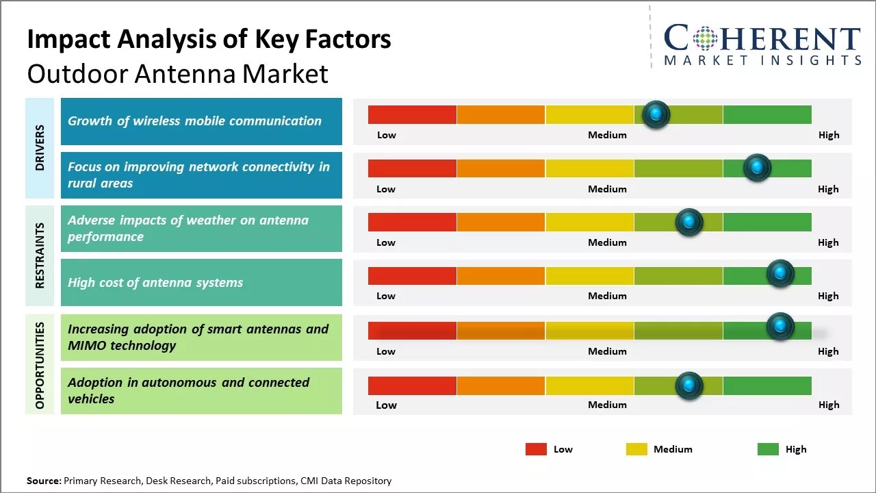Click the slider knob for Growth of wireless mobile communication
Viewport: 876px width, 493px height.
tap(656, 114)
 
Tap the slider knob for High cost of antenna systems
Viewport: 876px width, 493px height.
tap(780, 274)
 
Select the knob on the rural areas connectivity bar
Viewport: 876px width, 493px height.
tap(757, 168)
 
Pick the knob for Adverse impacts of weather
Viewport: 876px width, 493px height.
tap(689, 222)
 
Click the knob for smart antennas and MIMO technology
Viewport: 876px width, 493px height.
tap(780, 327)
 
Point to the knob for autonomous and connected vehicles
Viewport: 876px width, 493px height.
tap(689, 385)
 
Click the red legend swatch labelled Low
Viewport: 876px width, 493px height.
tap(536, 449)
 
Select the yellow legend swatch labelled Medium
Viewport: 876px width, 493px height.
tap(636, 449)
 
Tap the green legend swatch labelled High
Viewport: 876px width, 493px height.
tap(768, 449)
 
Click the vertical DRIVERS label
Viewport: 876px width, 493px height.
tap(40, 148)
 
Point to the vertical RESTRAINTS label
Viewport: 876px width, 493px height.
tap(40, 255)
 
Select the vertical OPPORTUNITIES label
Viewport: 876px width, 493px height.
tap(40, 365)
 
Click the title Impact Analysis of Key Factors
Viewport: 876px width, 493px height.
tap(209, 39)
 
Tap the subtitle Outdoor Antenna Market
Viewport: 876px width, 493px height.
tap(177, 73)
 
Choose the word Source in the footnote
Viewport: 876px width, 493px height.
tap(44, 481)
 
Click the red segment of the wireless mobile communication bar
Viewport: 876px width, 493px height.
tap(412, 114)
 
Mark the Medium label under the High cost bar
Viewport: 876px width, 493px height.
tap(607, 296)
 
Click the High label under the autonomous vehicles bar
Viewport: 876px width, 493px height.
tap(828, 405)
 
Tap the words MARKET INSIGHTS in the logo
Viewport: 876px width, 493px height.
tap(762, 61)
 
